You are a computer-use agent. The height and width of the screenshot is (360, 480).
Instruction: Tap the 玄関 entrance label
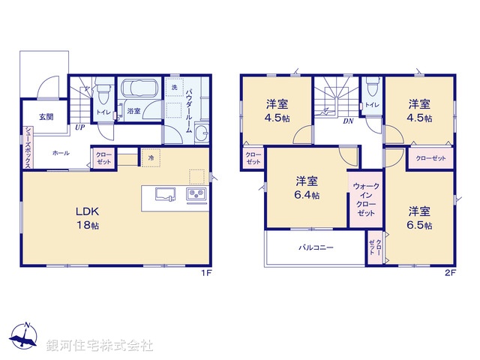pos(46,117)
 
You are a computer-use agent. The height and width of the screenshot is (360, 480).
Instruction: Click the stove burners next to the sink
pos(196,196)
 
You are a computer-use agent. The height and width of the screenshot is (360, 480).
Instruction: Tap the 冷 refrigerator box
pos(151,158)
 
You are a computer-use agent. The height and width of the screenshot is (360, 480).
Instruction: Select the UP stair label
pos(79,127)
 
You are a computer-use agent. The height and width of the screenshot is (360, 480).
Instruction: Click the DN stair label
pos(348,121)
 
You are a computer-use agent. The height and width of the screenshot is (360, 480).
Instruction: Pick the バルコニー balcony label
pos(316,247)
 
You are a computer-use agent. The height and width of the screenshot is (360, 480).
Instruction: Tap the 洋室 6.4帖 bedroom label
pos(307,187)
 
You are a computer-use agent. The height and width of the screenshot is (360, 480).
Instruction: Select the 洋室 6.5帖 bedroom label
pos(420,217)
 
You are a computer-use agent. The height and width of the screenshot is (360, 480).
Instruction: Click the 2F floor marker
pos(450,274)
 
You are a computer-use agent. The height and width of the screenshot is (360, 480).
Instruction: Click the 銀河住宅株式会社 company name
pos(100,346)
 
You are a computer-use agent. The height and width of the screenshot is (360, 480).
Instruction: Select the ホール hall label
pos(61,153)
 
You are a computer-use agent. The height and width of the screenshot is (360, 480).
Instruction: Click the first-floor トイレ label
pos(101,113)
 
